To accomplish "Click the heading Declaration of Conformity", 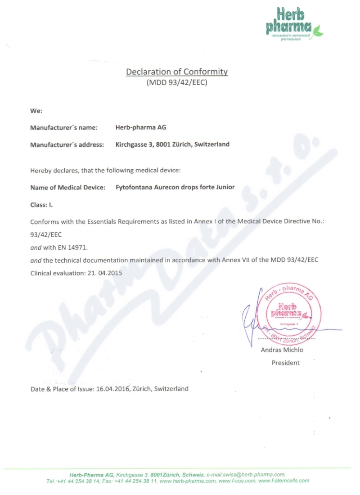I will (x=177, y=72).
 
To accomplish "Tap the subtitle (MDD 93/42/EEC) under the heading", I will (x=177, y=83).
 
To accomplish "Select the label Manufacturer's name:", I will (x=64, y=128).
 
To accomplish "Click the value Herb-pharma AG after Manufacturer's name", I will (x=141, y=127).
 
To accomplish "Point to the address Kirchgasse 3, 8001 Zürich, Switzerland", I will (x=173, y=144).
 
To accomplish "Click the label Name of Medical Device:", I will (x=68, y=187).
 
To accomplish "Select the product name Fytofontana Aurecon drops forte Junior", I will (x=175, y=187).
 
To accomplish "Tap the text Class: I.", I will (x=41, y=205).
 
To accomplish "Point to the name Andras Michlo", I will (x=282, y=350).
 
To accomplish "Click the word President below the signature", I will (x=285, y=363).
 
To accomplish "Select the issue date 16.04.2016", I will (x=113, y=389).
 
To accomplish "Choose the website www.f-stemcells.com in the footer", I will (x=283, y=481).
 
